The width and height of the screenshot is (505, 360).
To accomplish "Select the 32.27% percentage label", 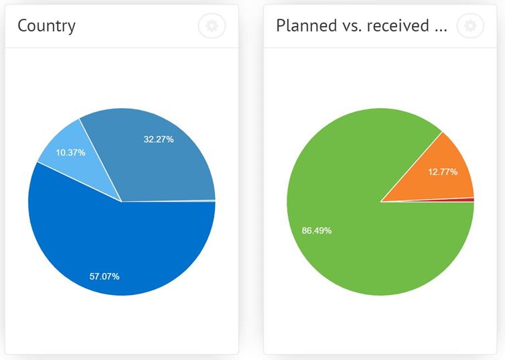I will point(159,139).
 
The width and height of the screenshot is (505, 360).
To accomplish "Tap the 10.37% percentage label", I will point(70,152).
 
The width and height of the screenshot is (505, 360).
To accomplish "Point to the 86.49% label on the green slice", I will point(317,231).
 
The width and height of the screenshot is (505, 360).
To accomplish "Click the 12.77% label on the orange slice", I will point(443,172).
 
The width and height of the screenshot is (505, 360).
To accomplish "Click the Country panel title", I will point(46,26).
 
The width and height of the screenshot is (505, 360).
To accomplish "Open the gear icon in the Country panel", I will point(212,26).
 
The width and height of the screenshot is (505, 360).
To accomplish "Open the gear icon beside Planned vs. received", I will point(470,26).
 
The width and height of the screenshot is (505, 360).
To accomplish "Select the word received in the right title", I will point(399,26).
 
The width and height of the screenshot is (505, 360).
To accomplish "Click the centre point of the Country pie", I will point(122,201).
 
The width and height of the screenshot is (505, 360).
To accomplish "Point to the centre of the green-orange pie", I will point(380,201).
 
